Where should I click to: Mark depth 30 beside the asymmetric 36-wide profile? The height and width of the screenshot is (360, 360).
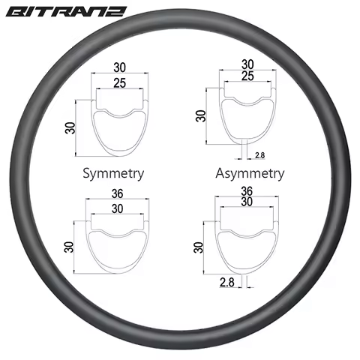point(198,248)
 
